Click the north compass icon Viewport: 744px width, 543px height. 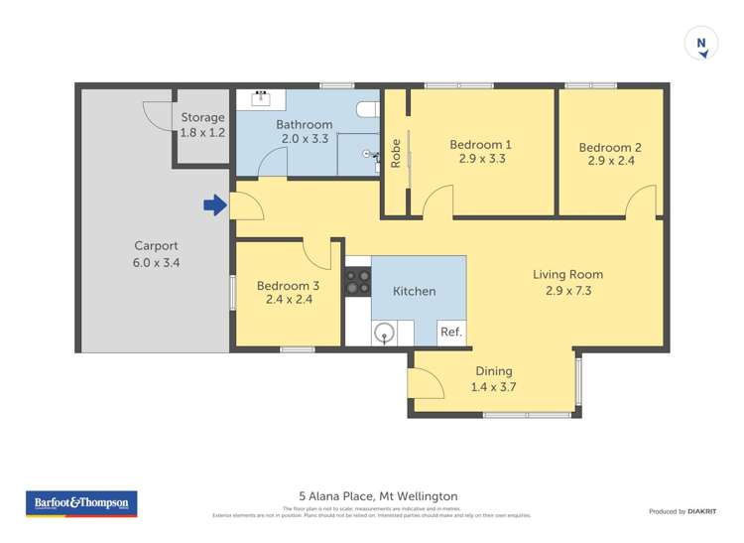[x=701, y=44]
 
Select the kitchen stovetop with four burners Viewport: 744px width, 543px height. [x=357, y=282]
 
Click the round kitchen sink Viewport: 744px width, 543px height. [x=385, y=333]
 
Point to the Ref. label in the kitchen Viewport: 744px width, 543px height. [x=450, y=333]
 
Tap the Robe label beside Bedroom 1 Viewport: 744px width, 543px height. [x=396, y=151]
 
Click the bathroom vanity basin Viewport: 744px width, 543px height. [x=263, y=97]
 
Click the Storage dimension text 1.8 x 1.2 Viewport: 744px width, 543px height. [x=202, y=132]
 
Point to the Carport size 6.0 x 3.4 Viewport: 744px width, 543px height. [x=157, y=263]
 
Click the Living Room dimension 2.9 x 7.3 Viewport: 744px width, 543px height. [x=567, y=291]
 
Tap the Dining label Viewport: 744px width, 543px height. [x=493, y=371]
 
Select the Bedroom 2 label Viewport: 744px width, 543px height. [x=610, y=147]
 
